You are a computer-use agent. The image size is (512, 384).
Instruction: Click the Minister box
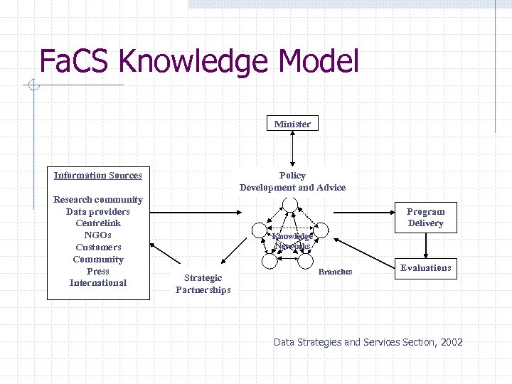(292, 124)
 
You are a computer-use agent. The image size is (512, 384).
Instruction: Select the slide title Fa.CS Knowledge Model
(199, 61)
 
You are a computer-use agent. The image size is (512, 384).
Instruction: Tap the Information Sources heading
(98, 176)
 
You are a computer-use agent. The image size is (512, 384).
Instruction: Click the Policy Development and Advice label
(292, 181)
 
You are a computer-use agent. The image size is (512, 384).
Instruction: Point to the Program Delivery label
(425, 217)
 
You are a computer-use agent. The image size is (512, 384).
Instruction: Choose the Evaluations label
(425, 268)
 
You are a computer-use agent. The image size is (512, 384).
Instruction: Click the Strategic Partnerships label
(203, 284)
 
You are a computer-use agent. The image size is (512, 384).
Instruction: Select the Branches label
(335, 272)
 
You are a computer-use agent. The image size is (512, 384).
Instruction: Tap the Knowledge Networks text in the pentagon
(292, 241)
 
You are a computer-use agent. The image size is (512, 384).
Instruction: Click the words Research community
(98, 200)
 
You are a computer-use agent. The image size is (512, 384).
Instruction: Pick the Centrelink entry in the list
(98, 223)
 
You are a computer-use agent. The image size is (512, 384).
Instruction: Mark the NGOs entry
(98, 235)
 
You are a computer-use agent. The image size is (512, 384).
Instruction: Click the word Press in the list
(98, 271)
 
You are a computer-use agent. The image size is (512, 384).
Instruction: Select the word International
(98, 283)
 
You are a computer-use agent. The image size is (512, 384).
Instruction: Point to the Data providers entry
(98, 211)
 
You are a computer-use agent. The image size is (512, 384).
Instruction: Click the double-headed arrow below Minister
(292, 150)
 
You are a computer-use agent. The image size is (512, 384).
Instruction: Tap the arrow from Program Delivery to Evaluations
(425, 245)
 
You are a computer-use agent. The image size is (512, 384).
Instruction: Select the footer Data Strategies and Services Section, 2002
(368, 343)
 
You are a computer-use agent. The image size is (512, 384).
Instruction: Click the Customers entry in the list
(98, 247)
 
